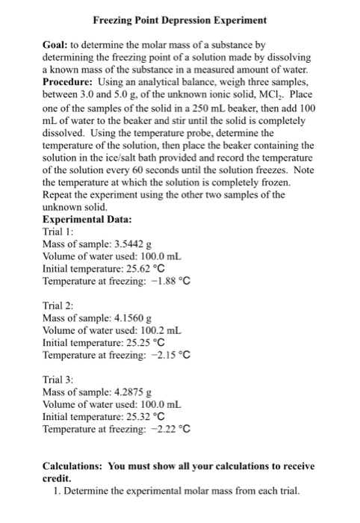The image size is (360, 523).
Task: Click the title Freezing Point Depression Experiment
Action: (180, 18)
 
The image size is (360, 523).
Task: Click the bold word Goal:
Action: (59, 46)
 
